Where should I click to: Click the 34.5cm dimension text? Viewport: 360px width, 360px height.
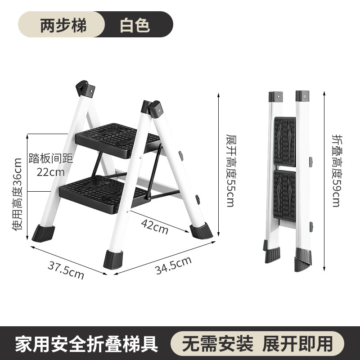click(x=173, y=265)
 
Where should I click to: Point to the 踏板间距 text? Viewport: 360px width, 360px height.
click(x=50, y=158)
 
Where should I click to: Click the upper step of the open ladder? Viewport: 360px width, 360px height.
click(x=117, y=137)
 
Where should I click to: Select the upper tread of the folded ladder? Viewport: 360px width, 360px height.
click(x=285, y=140)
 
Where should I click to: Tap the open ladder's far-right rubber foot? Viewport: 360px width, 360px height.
click(x=201, y=231)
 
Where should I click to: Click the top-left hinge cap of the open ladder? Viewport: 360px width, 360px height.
click(x=84, y=87)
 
